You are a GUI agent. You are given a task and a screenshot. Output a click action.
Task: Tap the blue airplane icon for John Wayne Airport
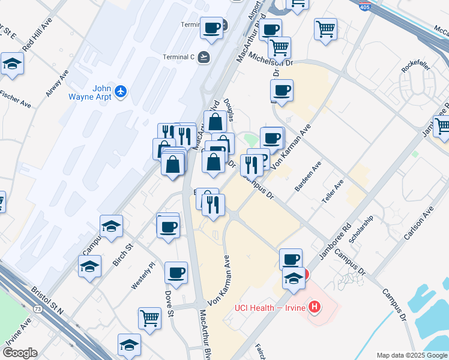tap(122, 91)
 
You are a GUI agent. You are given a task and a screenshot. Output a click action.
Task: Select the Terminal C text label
tap(179, 58)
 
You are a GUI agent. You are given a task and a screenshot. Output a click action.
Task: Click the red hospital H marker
tap(314, 308)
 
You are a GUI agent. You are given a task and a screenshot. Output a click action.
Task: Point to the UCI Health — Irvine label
tap(269, 308)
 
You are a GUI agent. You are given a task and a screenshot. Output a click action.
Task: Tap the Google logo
tap(20, 353)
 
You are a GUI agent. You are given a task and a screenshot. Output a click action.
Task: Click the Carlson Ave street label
tap(418, 223)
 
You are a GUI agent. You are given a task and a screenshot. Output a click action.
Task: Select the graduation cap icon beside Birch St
tap(112, 226)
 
